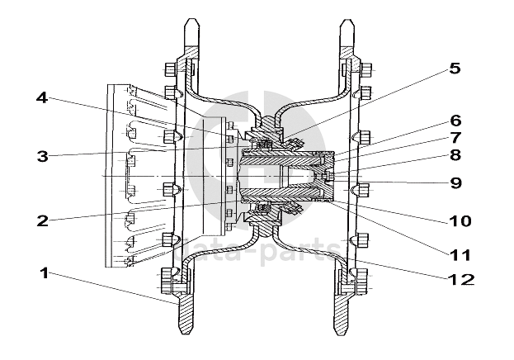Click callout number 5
[454, 69]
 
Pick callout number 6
[455, 121]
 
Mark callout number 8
[455, 154]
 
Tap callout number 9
[455, 182]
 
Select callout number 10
[459, 220]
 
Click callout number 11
[460, 252]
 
